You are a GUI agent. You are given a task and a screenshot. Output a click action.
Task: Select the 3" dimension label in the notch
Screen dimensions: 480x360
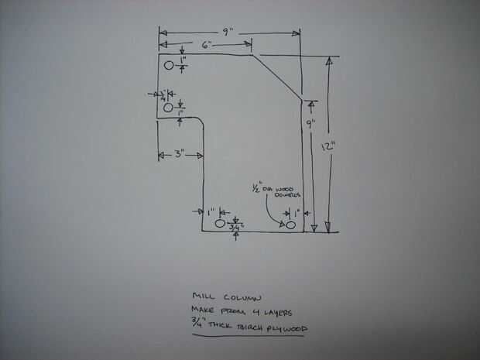click(179, 154)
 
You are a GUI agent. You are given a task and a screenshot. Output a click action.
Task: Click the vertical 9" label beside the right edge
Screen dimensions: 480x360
click(310, 124)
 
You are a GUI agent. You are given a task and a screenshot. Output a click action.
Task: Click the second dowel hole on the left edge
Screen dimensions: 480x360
click(169, 108)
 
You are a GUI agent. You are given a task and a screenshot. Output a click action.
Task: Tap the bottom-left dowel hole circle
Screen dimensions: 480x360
click(219, 224)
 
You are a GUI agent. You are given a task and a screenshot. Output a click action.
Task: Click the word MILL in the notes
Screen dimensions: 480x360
click(203, 297)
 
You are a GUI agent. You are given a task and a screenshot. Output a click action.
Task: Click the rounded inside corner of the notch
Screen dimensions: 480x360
click(200, 122)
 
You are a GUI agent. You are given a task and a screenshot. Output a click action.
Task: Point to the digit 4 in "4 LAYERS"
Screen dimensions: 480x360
click(253, 312)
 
